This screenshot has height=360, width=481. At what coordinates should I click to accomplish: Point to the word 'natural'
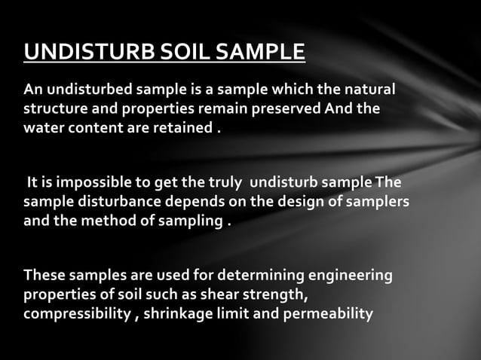point(367,90)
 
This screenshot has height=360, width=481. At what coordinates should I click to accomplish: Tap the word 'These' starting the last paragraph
point(44,277)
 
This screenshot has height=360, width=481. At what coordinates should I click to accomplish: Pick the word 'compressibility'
point(77,313)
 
